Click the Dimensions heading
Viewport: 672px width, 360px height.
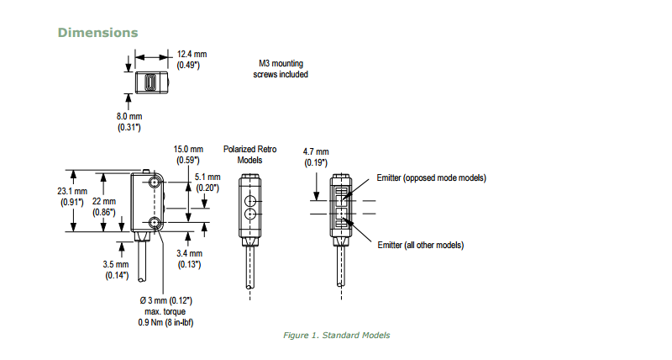tap(97, 33)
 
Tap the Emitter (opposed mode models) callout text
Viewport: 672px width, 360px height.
tap(432, 178)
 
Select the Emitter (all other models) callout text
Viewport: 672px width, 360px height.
tap(421, 245)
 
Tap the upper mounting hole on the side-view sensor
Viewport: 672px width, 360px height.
tap(155, 182)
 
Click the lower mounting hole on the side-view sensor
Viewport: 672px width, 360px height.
tap(155, 222)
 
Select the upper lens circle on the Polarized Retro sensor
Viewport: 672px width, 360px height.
tap(249, 202)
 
